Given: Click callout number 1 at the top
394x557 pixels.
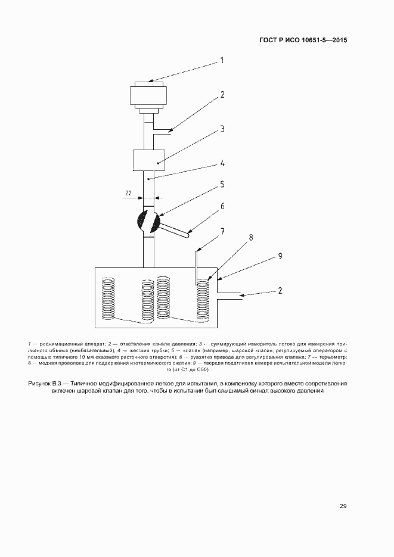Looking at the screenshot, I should (x=222, y=60).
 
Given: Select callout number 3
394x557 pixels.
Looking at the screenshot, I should (x=222, y=129).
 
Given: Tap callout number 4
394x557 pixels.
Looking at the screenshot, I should (x=222, y=162).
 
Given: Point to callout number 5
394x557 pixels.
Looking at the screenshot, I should (x=222, y=185).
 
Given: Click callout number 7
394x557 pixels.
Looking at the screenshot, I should (x=222, y=231).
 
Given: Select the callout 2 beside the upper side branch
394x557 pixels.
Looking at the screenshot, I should (x=222, y=95).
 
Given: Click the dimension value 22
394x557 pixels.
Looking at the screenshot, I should (x=128, y=193).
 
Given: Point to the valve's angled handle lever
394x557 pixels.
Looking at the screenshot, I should (x=175, y=230).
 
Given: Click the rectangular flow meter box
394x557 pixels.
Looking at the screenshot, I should (x=148, y=161).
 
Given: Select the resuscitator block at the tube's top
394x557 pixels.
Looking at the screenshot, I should (x=148, y=95).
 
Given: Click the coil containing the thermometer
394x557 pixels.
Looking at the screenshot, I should (x=203, y=301).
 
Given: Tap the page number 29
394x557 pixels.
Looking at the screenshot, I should (x=343, y=506).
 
